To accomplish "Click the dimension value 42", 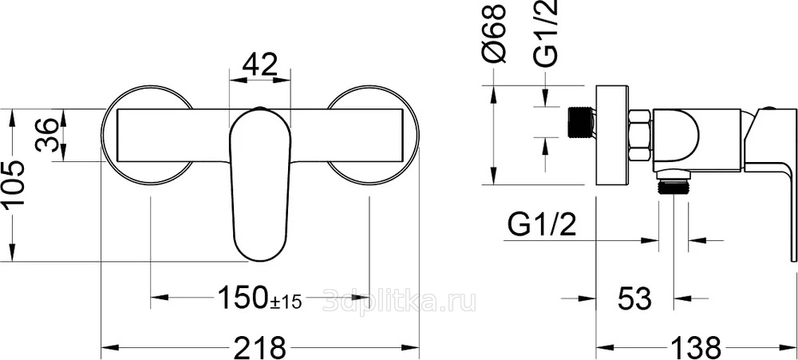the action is pyautogui.click(x=259, y=64).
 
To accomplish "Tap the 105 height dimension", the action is pyautogui.click(x=14, y=184).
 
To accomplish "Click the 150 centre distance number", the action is pyautogui.click(x=243, y=298).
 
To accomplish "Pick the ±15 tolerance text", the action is pyautogui.click(x=286, y=302).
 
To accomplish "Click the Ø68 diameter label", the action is pyautogui.click(x=495, y=34).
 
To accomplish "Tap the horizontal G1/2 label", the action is pyautogui.click(x=542, y=224).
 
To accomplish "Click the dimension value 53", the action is pyautogui.click(x=634, y=299).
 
